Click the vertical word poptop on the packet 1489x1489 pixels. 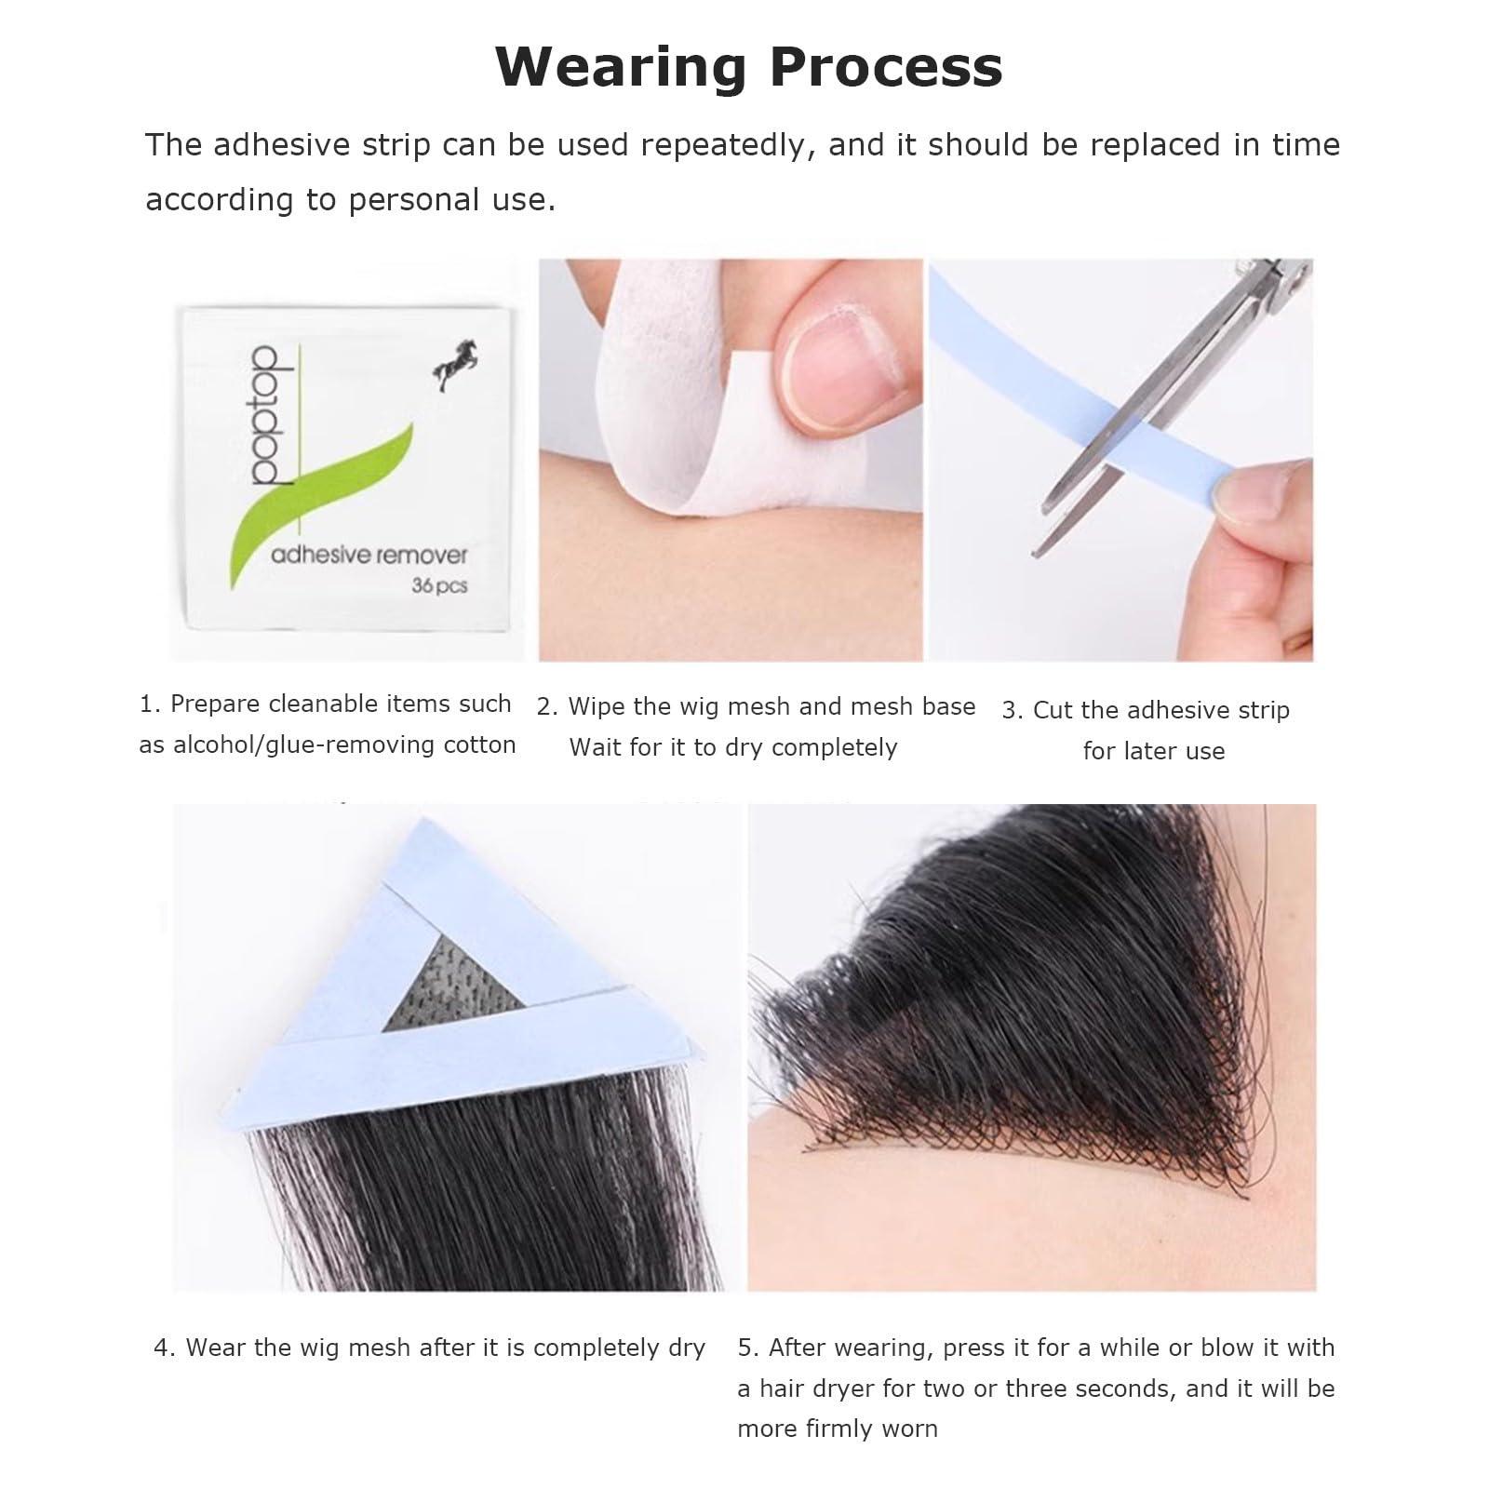pyautogui.click(x=266, y=415)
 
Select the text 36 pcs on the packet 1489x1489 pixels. pyautogui.click(x=439, y=586)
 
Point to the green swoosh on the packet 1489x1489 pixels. pyautogui.click(x=316, y=493)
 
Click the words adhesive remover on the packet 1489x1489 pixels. pyautogui.click(x=369, y=556)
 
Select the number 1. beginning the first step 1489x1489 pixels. pyautogui.click(x=150, y=704)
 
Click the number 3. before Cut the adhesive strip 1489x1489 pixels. pyautogui.click(x=1013, y=711)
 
